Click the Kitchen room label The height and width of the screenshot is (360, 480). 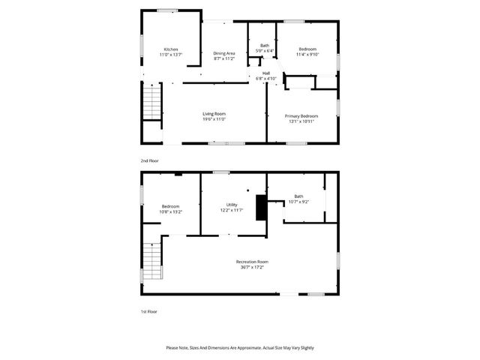171,49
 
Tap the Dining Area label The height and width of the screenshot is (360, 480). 224,52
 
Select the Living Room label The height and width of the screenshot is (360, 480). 214,113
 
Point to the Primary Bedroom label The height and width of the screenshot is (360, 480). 301,115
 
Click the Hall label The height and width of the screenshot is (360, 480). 266,73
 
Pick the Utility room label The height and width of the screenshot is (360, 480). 232,205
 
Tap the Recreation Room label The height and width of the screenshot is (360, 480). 252,261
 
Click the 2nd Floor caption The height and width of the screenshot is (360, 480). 149,160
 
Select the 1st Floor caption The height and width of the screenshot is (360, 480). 148,310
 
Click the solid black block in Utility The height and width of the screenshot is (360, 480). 260,208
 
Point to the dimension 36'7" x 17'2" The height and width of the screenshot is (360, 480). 252,266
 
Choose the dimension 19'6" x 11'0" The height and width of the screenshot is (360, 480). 214,118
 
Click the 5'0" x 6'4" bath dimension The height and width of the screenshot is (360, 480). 265,51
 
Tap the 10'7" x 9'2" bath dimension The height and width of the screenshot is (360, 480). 298,202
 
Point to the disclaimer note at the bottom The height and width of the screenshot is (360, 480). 240,348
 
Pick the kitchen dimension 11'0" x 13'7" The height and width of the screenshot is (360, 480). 171,55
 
